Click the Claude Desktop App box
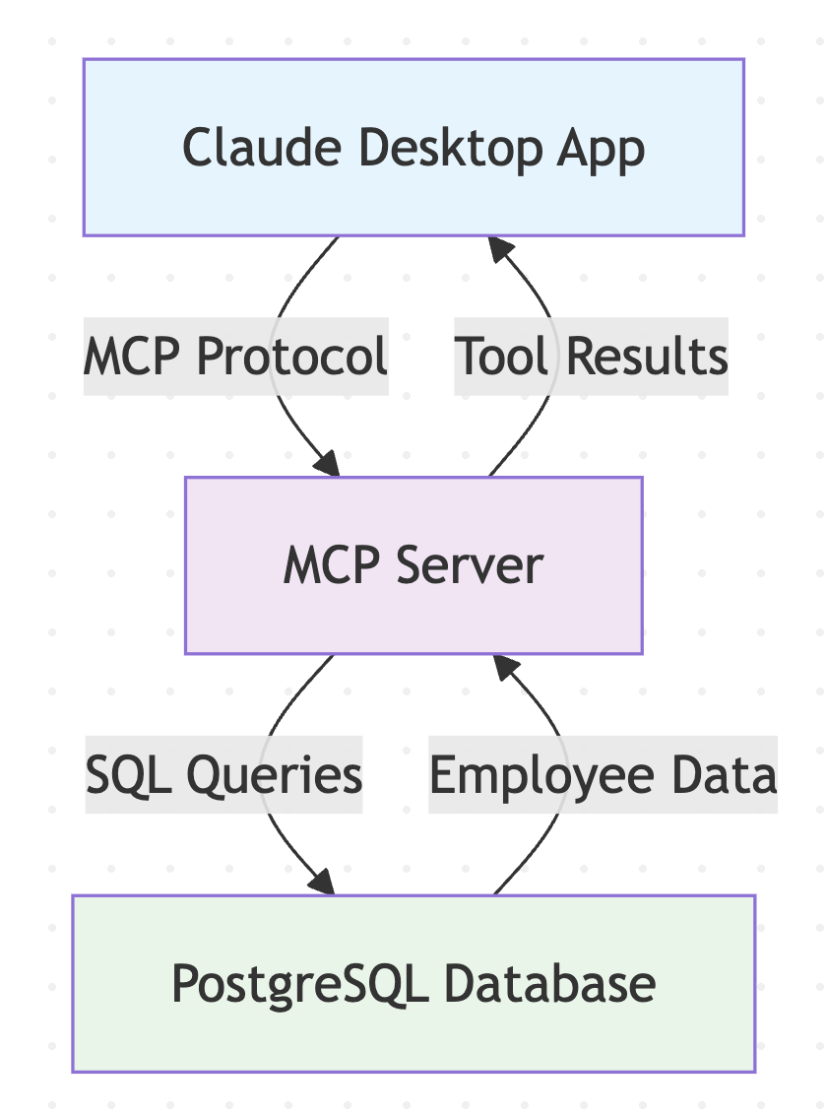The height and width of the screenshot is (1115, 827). click(413, 147)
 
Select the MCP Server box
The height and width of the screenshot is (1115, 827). click(413, 565)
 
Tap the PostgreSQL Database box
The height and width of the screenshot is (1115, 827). click(413, 983)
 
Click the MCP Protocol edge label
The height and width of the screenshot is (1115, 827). click(236, 356)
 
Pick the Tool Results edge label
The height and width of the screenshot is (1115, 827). click(591, 356)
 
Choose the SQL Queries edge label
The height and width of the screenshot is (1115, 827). click(224, 775)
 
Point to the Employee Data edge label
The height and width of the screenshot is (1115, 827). click(603, 775)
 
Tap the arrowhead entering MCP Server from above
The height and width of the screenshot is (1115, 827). click(328, 464)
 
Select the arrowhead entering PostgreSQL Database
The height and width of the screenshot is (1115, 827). click(323, 882)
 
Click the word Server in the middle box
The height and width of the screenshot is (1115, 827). click(470, 566)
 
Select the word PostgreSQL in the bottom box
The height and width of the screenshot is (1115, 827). click(299, 983)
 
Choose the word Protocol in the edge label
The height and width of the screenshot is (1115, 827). click(291, 356)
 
